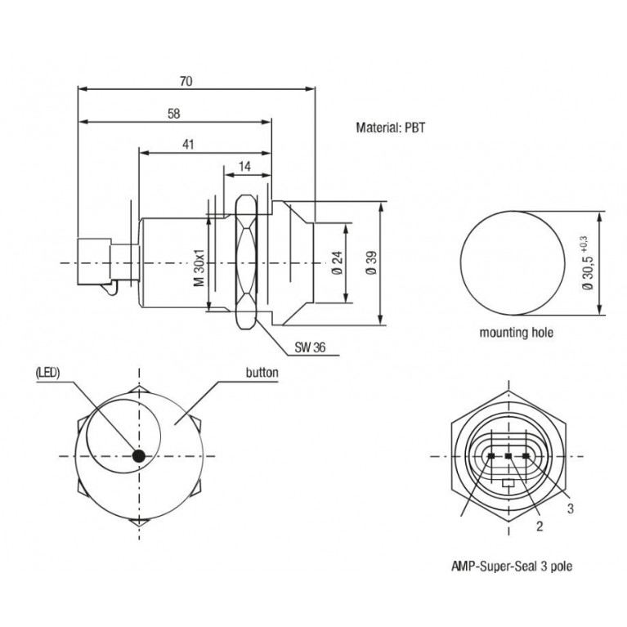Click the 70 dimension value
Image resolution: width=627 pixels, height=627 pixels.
pyautogui.click(x=186, y=81)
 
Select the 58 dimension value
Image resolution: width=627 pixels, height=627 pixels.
pyautogui.click(x=174, y=114)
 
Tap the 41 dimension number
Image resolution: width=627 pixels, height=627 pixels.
pyautogui.click(x=188, y=145)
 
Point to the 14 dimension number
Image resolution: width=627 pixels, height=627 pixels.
pyautogui.click(x=244, y=166)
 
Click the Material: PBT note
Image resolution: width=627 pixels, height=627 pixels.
pyautogui.click(x=390, y=128)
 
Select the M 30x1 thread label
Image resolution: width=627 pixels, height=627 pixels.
pyautogui.click(x=199, y=267)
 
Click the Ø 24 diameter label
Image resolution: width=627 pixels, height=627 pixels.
pyautogui.click(x=338, y=263)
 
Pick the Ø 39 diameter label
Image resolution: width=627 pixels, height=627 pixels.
pyautogui.click(x=371, y=263)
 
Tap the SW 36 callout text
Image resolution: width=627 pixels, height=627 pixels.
pyautogui.click(x=310, y=347)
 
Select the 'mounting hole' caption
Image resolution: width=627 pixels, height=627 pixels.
pyautogui.click(x=517, y=332)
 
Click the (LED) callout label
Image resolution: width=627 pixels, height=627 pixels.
pyautogui.click(x=47, y=373)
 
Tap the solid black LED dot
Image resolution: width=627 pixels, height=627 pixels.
pyautogui.click(x=139, y=456)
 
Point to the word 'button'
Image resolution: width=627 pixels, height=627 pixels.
pyautogui.click(x=262, y=373)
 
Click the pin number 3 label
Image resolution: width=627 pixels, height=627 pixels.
pyautogui.click(x=571, y=508)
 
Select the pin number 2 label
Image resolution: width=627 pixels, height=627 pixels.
pyautogui.click(x=540, y=526)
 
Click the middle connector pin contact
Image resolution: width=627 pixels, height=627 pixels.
pyautogui.click(x=508, y=456)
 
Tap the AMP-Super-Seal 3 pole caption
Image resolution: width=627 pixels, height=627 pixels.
pyautogui.click(x=512, y=567)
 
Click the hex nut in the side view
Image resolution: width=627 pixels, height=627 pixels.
pyautogui.click(x=245, y=262)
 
